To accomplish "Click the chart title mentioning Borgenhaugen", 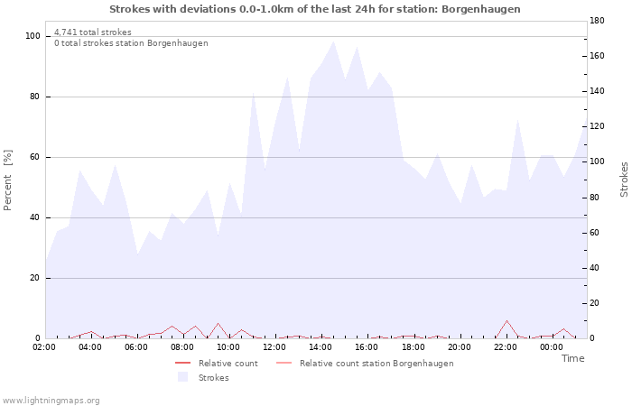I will (315, 9).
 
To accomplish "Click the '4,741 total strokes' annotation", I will (93, 32).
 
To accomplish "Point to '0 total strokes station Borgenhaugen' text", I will (131, 43).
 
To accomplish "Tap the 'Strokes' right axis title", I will (624, 180).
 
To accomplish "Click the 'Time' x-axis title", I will (572, 358).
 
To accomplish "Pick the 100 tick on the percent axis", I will (33, 36).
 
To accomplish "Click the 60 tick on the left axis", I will (35, 157).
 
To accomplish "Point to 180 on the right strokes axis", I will (596, 20).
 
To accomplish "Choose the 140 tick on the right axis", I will (596, 91).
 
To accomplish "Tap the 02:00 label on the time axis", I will (44, 346).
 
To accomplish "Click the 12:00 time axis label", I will (275, 346).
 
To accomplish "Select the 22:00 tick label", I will (506, 346).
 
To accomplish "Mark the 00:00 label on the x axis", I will (552, 346).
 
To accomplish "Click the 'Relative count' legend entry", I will (228, 364).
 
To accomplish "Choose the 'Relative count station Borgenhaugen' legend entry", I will (376, 364).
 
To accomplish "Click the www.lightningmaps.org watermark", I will (51, 401).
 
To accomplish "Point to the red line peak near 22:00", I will (507, 320).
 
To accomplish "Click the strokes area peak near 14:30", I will (333, 41).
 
